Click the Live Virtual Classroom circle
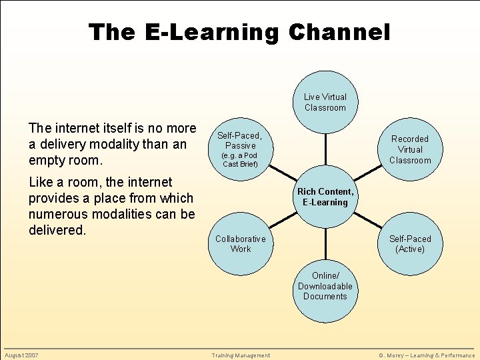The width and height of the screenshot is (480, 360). [x=325, y=102]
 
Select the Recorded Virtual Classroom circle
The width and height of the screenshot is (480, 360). [x=410, y=149]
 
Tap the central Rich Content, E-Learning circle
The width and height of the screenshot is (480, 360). [x=325, y=197]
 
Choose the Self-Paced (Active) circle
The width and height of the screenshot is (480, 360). [x=410, y=243]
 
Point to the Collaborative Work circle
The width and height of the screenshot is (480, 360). [x=241, y=243]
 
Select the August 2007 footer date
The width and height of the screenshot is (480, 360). [x=21, y=355]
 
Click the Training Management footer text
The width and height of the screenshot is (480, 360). [x=241, y=355]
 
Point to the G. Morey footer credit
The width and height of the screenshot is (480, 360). [x=427, y=355]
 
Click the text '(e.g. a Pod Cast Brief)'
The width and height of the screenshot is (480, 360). [x=240, y=159]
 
